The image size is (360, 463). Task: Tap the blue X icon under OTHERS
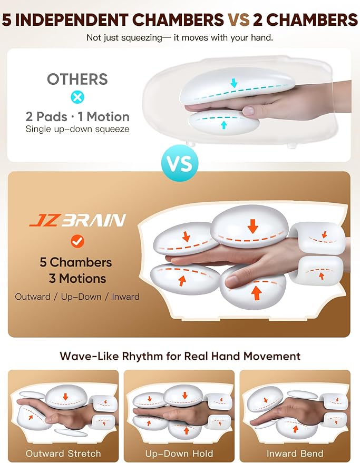click(x=77, y=97)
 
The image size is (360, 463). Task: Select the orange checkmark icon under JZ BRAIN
click(x=77, y=241)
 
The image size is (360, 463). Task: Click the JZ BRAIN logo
click(x=77, y=219)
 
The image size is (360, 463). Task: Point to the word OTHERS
click(x=77, y=79)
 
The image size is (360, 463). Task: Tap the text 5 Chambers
click(x=76, y=262)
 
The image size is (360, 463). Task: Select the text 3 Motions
click(x=76, y=279)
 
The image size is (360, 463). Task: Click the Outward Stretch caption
click(x=63, y=454)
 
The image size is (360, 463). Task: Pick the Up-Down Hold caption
click(x=179, y=454)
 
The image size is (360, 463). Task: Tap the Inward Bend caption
click(x=295, y=454)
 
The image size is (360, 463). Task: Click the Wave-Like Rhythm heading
click(x=180, y=356)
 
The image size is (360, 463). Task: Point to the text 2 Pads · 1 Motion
click(x=77, y=116)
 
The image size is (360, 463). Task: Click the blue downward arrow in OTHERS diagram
click(x=234, y=82)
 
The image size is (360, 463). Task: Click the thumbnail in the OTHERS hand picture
click(x=247, y=111)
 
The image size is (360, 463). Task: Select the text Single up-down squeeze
click(x=77, y=129)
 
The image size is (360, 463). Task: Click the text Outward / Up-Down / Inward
click(x=77, y=297)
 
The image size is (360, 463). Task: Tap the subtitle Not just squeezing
click(x=180, y=38)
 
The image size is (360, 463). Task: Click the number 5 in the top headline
click(x=8, y=20)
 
